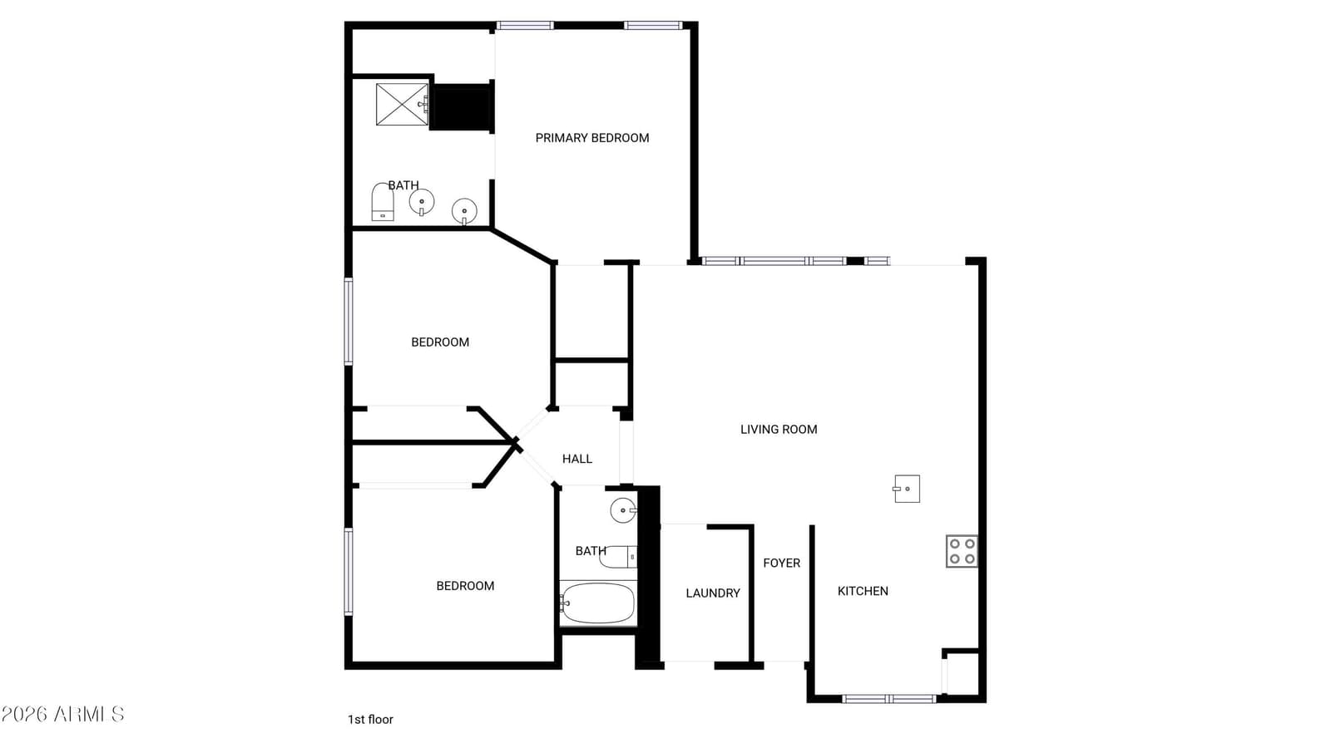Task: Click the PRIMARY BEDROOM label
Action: (x=591, y=138)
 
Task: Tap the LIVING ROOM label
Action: (x=779, y=429)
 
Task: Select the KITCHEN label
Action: (x=863, y=591)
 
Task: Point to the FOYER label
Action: (x=781, y=563)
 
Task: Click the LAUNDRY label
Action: (x=712, y=593)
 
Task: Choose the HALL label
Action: (x=577, y=459)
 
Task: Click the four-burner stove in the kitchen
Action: (x=962, y=552)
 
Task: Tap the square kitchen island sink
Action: (x=907, y=489)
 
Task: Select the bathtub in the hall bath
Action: (x=598, y=603)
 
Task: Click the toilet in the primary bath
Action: (x=382, y=203)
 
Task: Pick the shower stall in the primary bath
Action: (x=403, y=105)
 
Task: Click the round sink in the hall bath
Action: (x=623, y=510)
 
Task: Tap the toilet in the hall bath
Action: (x=619, y=557)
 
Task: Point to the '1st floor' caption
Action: (x=370, y=720)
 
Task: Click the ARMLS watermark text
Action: (x=62, y=714)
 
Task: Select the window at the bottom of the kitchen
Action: (x=889, y=699)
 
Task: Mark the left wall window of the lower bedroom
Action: (x=349, y=572)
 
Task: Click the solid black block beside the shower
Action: (x=462, y=107)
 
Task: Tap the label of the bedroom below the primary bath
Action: (x=440, y=342)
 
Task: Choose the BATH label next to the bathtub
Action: (x=591, y=551)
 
